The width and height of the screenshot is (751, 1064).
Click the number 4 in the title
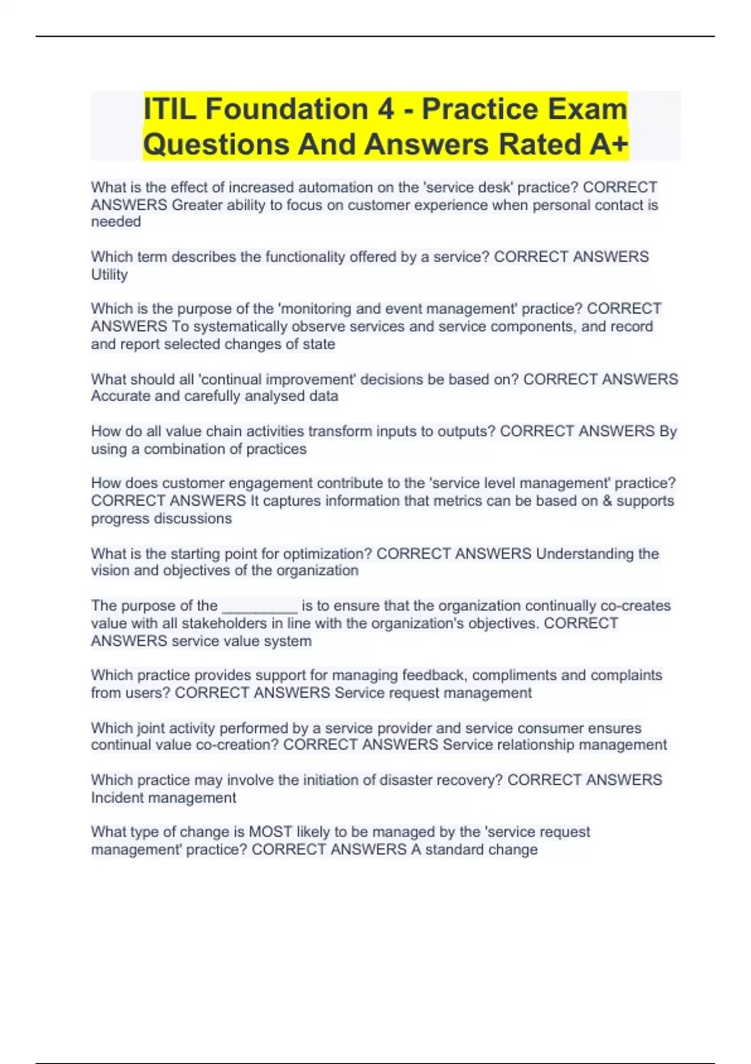pos(386,109)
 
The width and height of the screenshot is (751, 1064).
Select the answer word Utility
pos(110,274)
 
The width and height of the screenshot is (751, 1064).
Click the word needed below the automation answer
pos(116,222)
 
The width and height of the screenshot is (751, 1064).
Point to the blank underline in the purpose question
pos(260,606)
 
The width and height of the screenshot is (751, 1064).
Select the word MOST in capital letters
pos(270,832)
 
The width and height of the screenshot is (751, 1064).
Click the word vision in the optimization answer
pos(110,570)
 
